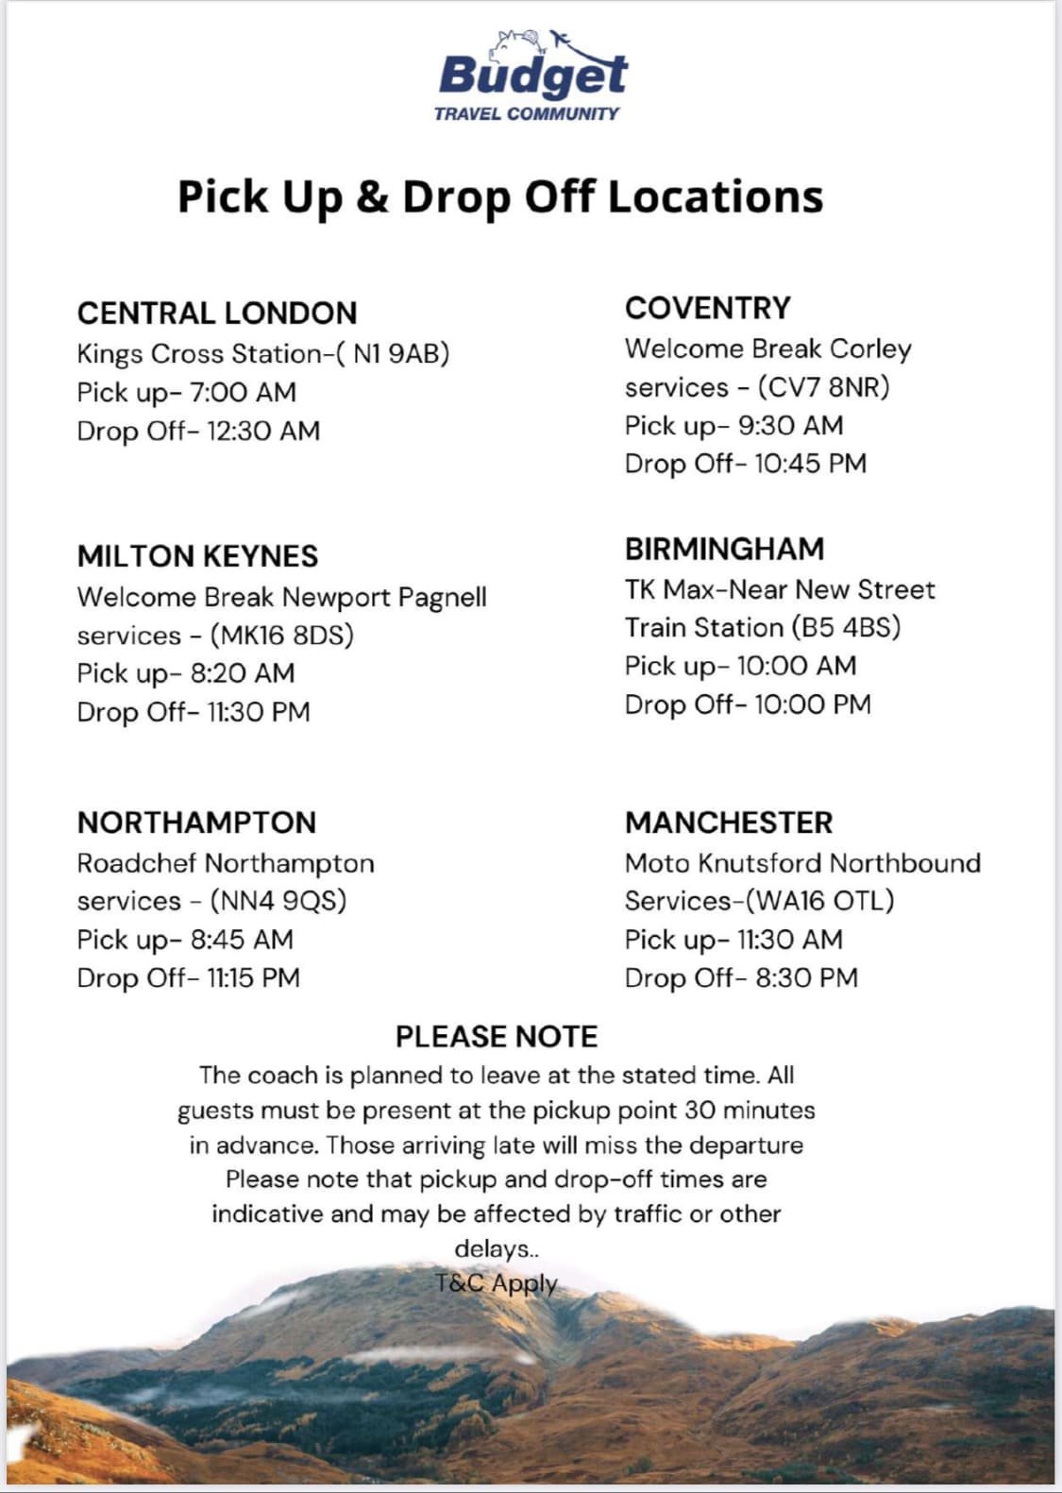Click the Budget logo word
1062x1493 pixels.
point(532,75)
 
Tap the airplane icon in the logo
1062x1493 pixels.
point(561,40)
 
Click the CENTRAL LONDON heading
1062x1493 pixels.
point(217,314)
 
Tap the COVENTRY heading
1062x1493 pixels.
point(708,309)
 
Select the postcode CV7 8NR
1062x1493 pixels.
point(823,387)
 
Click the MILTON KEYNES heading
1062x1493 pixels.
point(197,556)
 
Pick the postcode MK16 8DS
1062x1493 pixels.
point(282,636)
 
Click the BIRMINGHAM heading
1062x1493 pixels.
point(724,549)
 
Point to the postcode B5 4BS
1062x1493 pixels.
point(846,627)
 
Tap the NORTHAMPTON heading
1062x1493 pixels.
point(196,823)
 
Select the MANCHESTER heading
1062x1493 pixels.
point(729,823)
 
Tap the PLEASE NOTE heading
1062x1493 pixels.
point(497,1037)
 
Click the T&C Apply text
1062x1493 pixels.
point(497,1283)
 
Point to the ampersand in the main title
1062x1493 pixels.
point(373,197)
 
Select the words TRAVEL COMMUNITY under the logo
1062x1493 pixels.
point(527,114)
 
